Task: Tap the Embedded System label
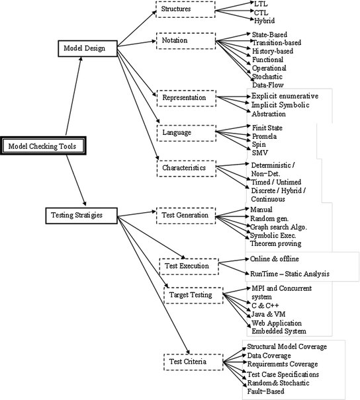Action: coord(279,331)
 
